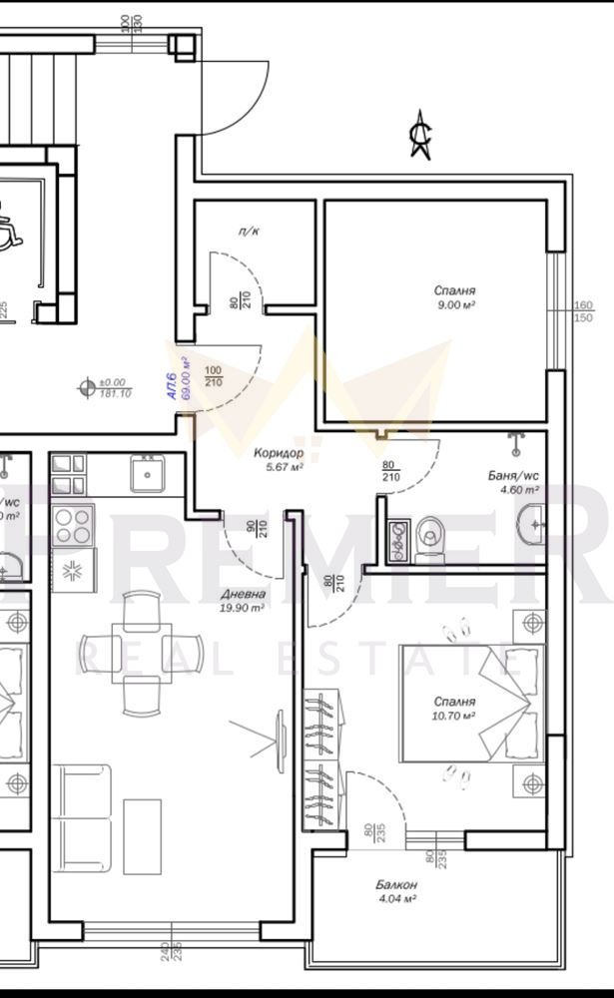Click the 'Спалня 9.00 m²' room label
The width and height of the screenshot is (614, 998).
pos(453,297)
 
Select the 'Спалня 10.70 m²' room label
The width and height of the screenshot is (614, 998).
pos(454,708)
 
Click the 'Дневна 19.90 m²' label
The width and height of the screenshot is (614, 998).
pos(243,600)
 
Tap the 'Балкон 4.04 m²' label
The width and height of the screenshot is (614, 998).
pos(396,891)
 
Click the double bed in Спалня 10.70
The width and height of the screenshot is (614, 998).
pos(471,704)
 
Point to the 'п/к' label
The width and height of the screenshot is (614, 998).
pos(249,232)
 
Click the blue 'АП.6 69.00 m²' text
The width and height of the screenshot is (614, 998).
pos(177,376)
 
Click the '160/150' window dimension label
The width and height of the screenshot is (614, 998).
pos(583,311)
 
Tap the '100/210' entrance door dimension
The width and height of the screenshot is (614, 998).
pos(213,376)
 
